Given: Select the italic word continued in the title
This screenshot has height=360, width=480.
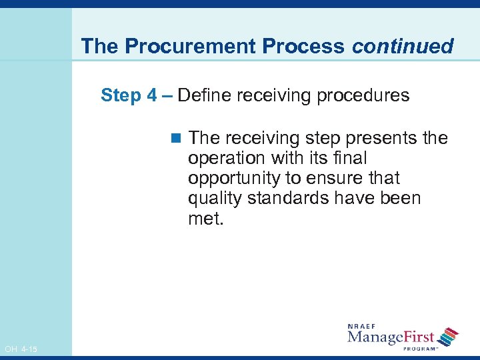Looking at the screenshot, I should coord(403,46).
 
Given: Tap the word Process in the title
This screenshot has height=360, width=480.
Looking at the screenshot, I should coord(303,47).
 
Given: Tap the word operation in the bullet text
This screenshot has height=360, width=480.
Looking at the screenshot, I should coord(227,159).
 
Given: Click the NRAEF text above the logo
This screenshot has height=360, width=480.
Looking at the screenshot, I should coord(361,326).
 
